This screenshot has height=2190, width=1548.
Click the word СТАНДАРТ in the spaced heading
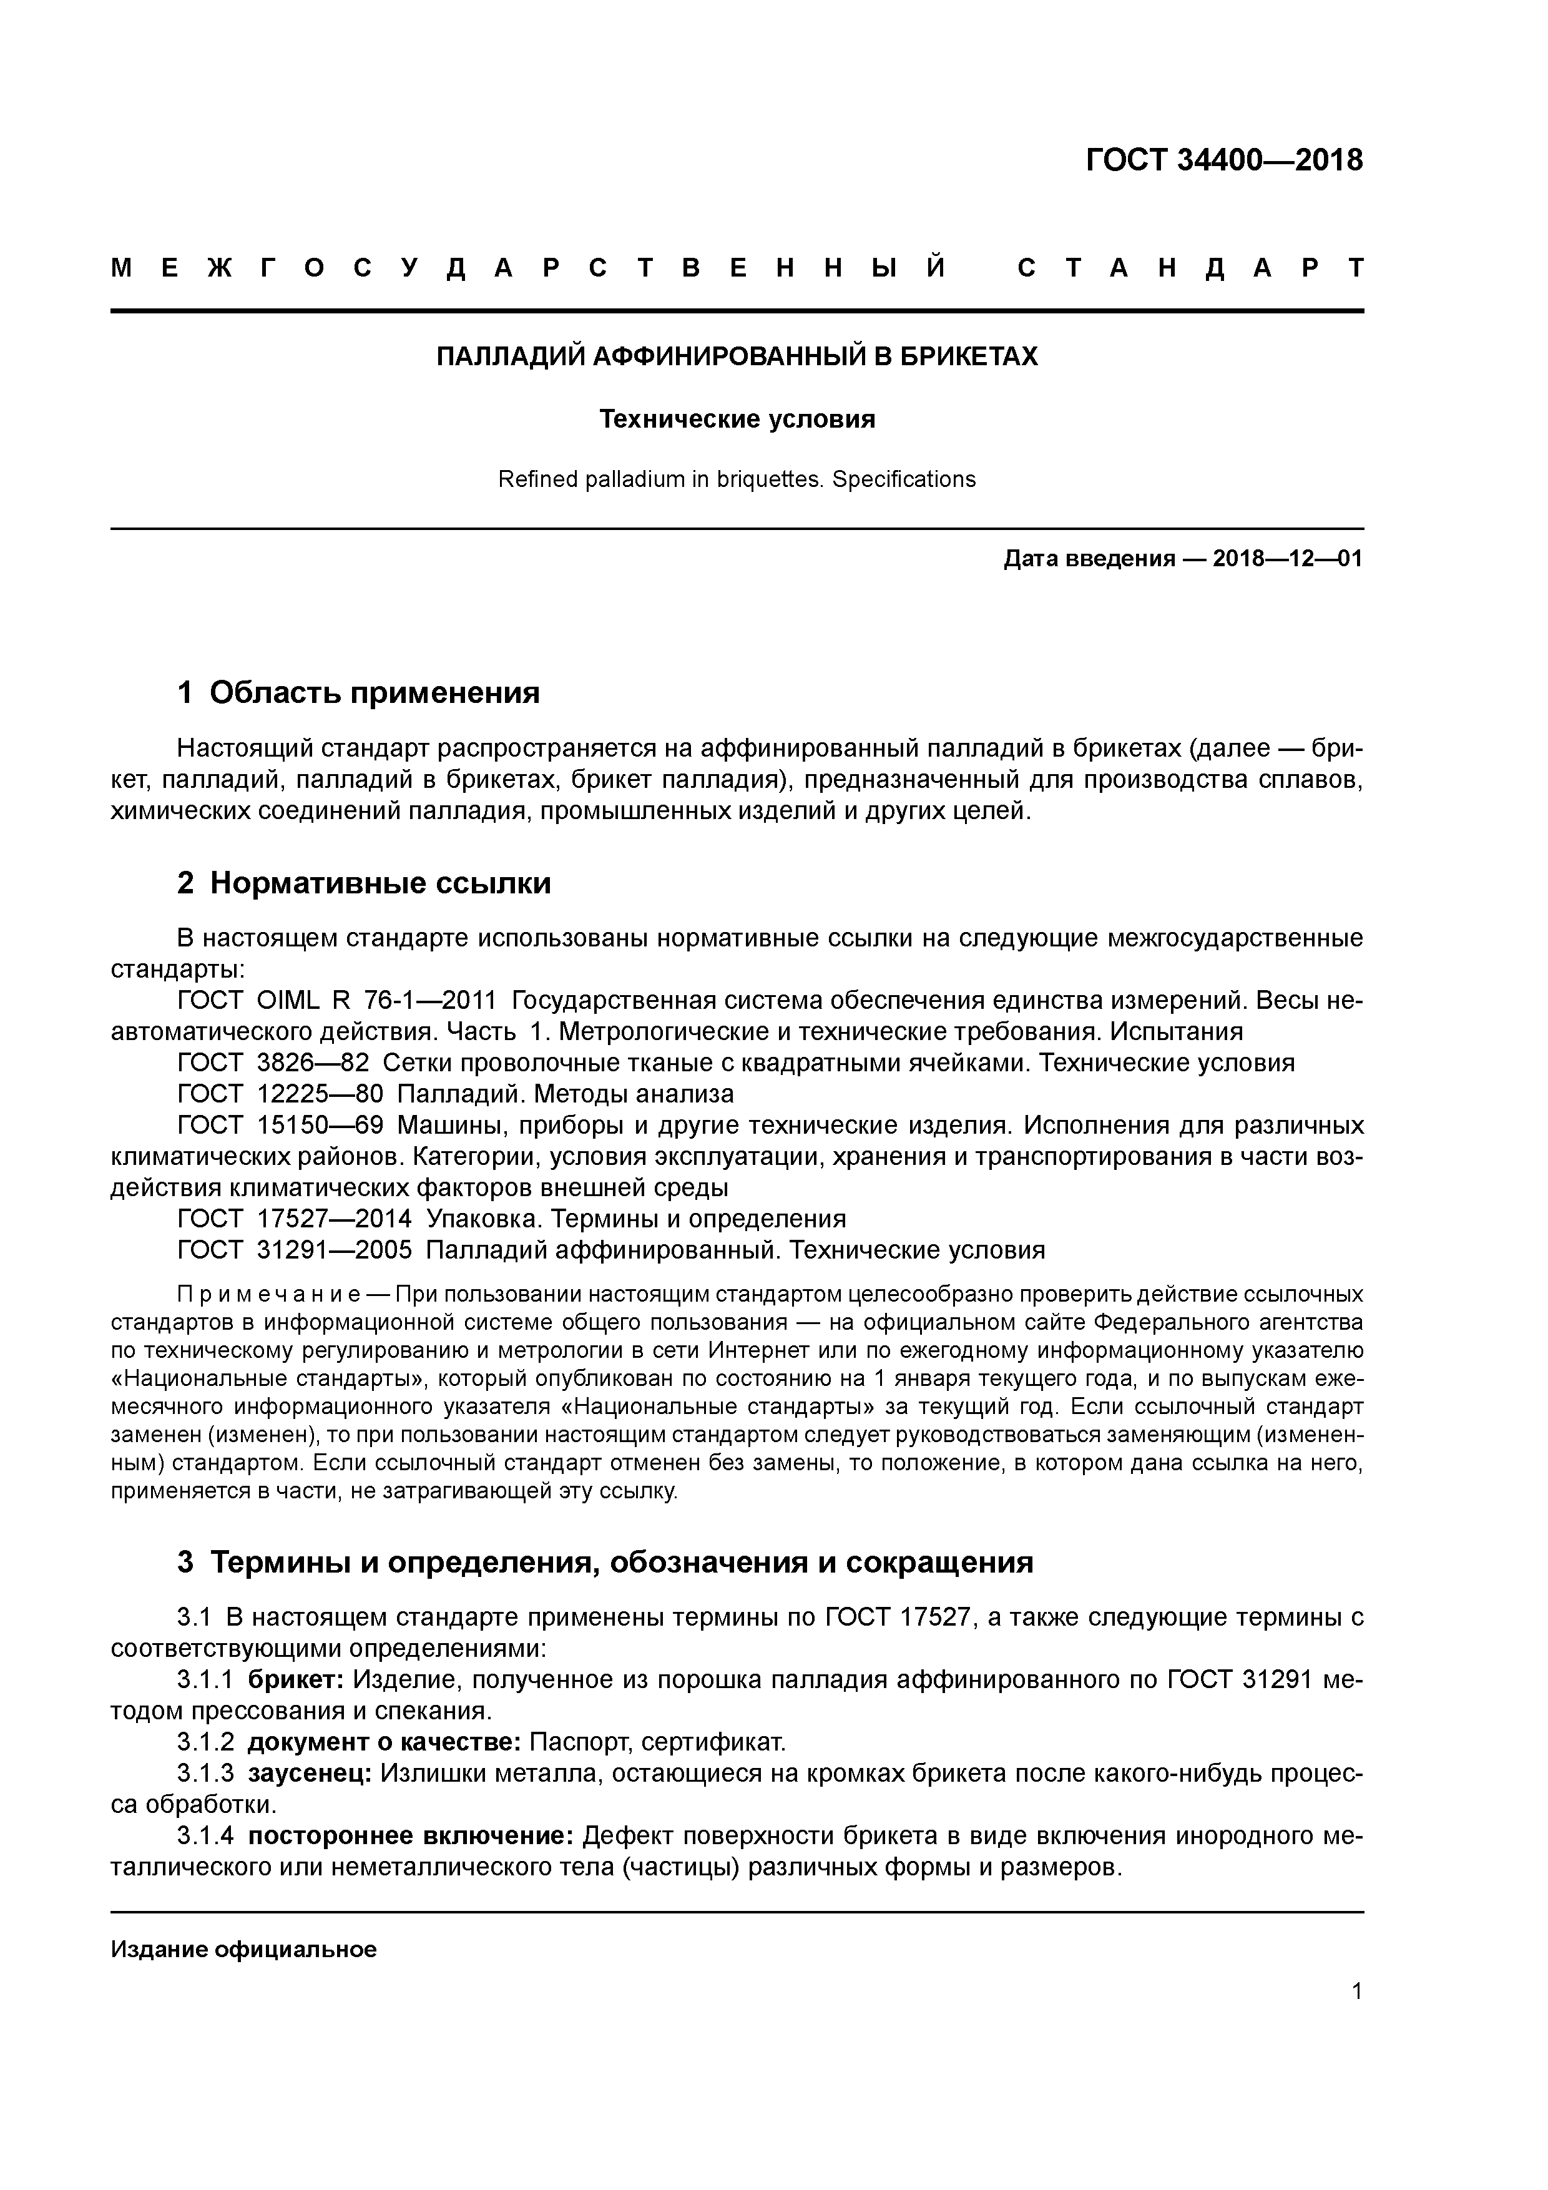(1190, 268)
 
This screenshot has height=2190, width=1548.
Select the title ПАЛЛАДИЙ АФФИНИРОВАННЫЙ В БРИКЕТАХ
(737, 356)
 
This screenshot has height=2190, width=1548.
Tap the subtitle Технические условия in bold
(737, 419)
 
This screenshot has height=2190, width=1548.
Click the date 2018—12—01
(1288, 559)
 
